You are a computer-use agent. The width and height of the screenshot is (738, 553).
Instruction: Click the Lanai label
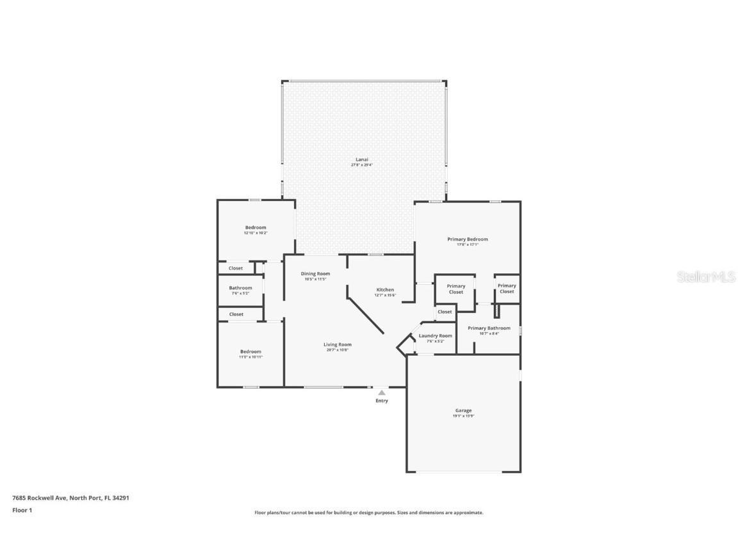click(x=361, y=159)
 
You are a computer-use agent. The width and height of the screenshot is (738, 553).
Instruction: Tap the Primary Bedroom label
click(x=467, y=239)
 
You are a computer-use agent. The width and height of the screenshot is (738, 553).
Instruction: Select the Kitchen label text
click(x=385, y=290)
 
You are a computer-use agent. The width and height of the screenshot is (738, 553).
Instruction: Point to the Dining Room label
click(x=315, y=274)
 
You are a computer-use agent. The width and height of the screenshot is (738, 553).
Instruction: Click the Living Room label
click(x=337, y=345)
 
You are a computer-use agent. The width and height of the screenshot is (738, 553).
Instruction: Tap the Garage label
click(x=463, y=411)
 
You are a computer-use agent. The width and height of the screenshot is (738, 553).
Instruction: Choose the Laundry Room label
click(x=435, y=336)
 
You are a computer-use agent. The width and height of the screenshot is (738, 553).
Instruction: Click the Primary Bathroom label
click(x=489, y=328)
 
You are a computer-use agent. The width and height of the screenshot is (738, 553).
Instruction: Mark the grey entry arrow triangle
click(x=382, y=392)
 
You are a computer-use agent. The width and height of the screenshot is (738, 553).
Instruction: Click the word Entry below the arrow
click(x=382, y=401)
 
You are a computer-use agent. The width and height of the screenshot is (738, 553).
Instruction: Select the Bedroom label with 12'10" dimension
click(x=256, y=228)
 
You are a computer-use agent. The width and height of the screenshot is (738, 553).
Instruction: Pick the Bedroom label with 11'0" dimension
click(x=250, y=351)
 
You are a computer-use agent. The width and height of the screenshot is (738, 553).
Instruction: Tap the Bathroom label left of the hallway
click(x=240, y=288)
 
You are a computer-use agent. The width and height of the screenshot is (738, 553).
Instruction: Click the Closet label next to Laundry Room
click(x=445, y=312)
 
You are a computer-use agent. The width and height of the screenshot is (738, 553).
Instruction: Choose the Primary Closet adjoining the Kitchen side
click(x=455, y=289)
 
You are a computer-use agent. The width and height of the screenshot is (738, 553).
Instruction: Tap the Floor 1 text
click(x=22, y=510)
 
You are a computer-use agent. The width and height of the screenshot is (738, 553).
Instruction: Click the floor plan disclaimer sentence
click(x=369, y=513)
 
